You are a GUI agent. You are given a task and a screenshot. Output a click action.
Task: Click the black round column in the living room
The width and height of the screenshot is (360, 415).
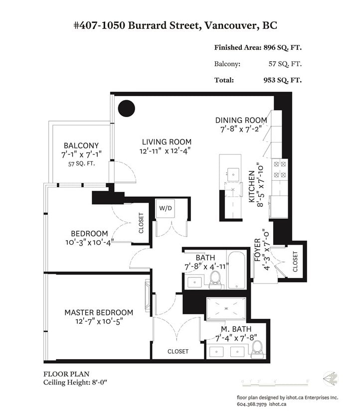(126, 108)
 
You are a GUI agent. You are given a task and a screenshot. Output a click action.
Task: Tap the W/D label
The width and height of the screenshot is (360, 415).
(166, 208)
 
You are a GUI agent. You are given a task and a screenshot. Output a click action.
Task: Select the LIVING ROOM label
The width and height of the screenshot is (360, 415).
(167, 142)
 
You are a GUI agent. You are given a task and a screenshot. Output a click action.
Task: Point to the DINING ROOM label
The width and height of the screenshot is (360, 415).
(241, 120)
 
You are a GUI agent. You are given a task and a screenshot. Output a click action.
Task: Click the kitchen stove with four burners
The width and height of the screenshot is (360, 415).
(280, 170)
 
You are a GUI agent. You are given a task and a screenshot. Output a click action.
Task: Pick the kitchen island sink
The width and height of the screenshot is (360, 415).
(233, 175)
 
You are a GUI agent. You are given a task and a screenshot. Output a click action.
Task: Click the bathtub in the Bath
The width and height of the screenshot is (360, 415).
(236, 270)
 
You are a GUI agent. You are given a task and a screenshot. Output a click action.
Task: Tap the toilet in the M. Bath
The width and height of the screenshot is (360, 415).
(257, 349)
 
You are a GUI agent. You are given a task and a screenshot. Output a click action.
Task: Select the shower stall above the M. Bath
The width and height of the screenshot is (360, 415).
(226, 308)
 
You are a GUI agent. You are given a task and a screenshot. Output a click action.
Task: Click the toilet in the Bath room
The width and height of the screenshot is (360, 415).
(215, 280)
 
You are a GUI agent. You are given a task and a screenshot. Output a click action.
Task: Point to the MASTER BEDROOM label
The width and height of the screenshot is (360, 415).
(99, 312)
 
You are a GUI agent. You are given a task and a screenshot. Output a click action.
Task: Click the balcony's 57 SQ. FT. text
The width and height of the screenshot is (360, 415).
(81, 164)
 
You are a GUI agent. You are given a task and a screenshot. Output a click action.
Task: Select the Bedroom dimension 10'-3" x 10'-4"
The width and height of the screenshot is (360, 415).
(90, 242)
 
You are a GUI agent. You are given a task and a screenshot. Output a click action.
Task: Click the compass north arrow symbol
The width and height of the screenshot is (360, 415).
(331, 379)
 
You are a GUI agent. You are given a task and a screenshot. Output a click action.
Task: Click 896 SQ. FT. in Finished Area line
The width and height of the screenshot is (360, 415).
(283, 48)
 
